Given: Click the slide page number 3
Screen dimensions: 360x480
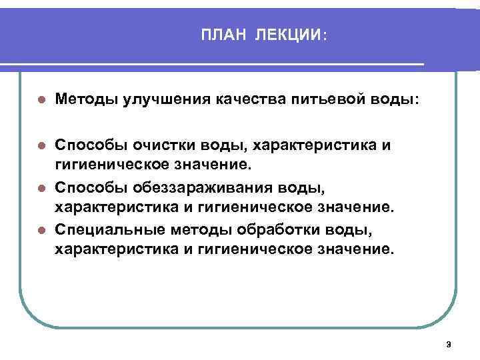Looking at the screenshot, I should (448, 345).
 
